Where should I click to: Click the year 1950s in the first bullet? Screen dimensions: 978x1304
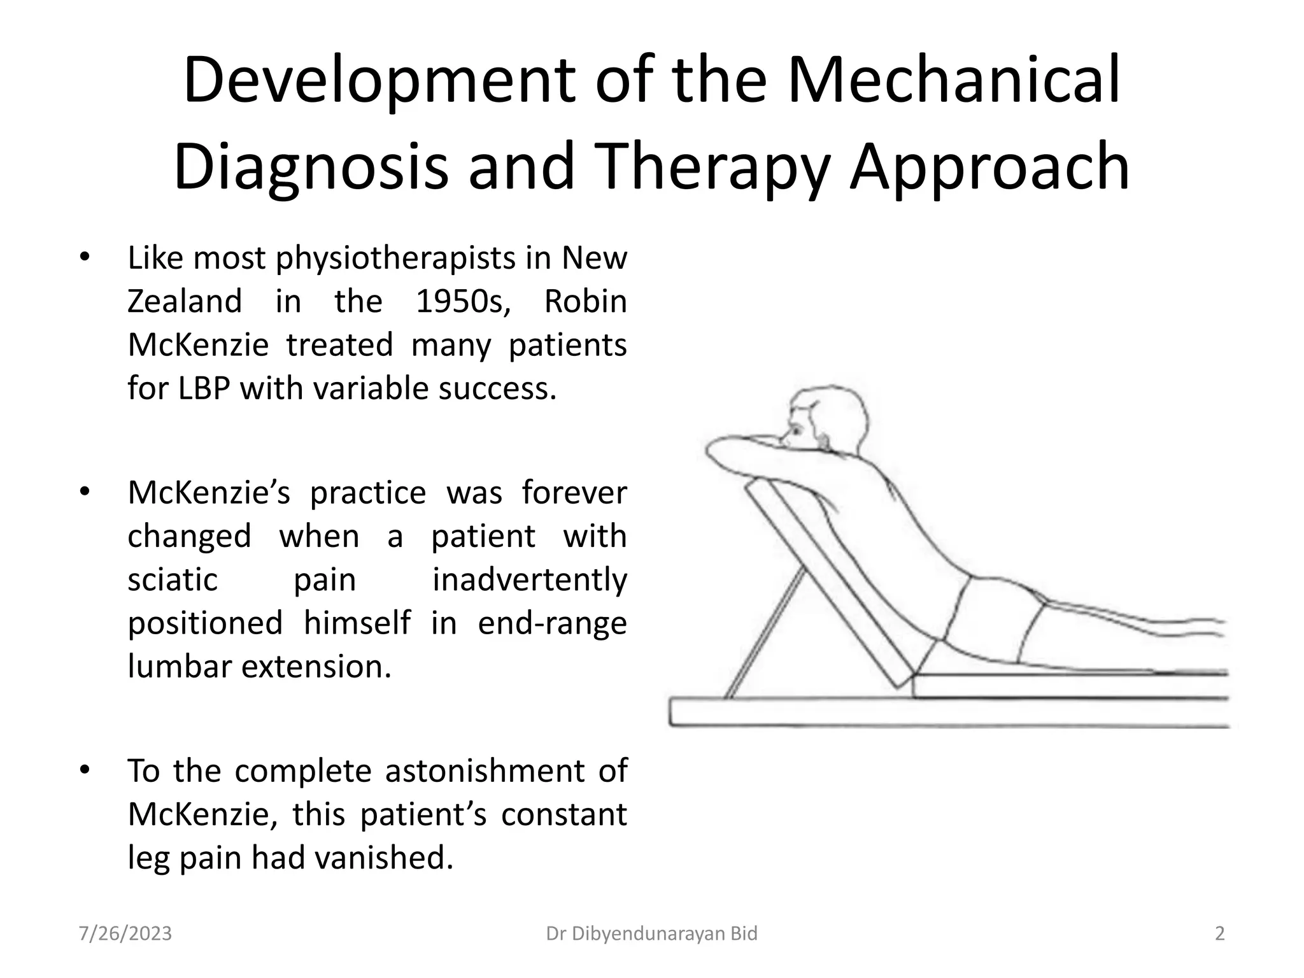[463, 301]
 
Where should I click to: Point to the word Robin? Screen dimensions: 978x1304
[585, 301]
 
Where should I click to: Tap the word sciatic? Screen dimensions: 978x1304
[173, 579]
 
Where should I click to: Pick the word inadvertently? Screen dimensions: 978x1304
[530, 579]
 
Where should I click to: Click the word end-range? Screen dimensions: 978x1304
[552, 623]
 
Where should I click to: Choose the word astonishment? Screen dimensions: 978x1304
[485, 770]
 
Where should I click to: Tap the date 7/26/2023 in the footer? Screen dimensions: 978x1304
[125, 933]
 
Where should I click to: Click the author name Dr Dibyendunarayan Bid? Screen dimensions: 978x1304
[652, 933]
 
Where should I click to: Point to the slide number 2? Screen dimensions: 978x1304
[1219, 933]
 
